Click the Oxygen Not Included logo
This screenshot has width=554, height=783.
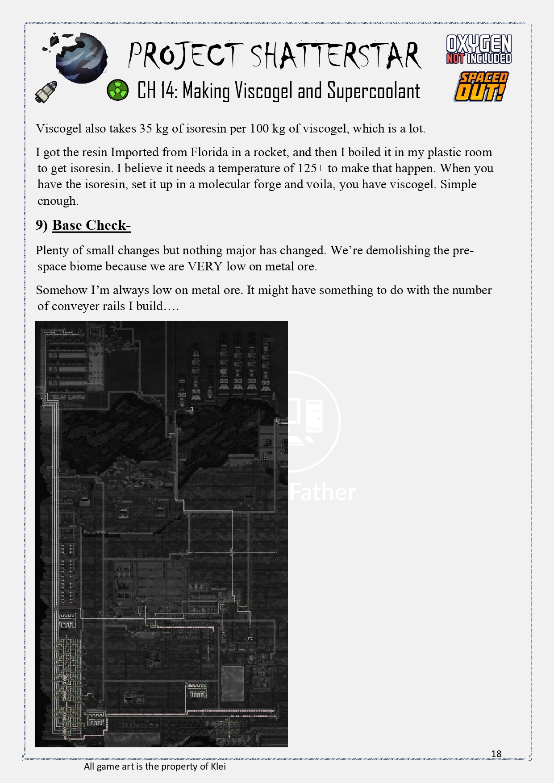479,50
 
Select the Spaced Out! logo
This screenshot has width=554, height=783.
481,87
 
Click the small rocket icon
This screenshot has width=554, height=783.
47,91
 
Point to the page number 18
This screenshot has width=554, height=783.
496,754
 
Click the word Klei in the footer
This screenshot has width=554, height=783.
218,766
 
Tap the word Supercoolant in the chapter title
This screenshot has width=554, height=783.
374,91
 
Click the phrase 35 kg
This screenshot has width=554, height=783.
154,128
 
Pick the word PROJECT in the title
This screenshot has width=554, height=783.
185,56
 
